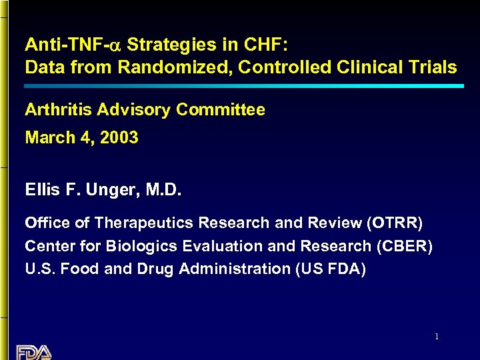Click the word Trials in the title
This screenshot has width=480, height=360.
(x=435, y=67)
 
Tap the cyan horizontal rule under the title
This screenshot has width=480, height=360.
(x=244, y=86)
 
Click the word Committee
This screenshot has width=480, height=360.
(x=228, y=110)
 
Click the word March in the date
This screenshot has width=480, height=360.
(x=47, y=138)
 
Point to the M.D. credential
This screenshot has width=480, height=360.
(x=162, y=191)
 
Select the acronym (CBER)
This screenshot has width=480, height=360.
(x=405, y=246)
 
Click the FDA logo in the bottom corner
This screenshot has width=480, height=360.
(x=33, y=352)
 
